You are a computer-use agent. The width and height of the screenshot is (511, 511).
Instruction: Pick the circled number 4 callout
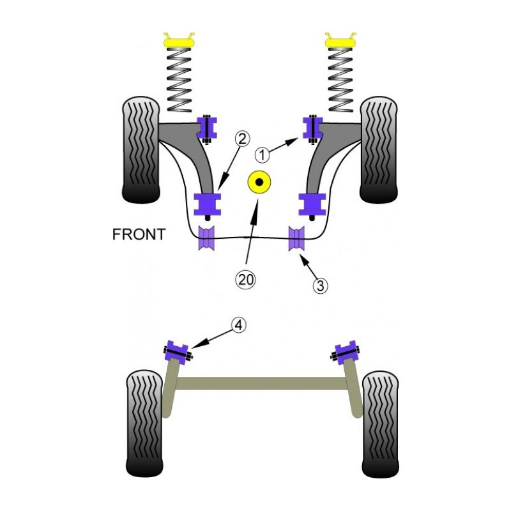point(238,326)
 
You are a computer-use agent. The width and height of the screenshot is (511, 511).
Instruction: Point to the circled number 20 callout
point(244,278)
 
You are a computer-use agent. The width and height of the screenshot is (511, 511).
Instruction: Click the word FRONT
point(139,234)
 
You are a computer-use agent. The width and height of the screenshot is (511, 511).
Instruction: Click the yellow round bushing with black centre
point(259,184)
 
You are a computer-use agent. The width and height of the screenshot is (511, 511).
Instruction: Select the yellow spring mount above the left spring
point(179,42)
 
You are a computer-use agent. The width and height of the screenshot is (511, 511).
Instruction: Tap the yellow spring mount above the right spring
point(340,42)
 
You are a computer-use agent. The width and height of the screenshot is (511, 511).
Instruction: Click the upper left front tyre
point(141,150)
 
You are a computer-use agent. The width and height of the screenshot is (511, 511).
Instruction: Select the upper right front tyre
point(379,150)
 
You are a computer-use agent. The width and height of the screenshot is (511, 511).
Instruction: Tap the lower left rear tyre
point(145,423)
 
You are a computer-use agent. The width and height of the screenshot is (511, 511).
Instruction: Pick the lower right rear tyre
point(380,423)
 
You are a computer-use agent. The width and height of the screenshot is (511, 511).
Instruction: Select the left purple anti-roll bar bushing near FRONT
point(208,240)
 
